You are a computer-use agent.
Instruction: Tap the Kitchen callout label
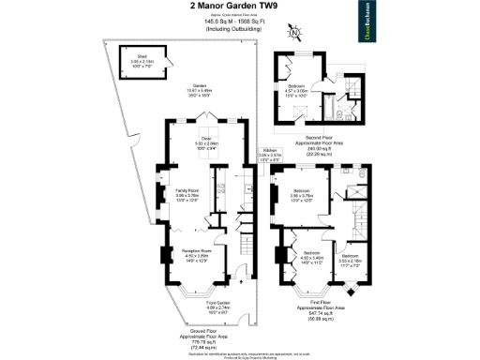point(269,153)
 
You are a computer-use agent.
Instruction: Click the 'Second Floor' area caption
point(328,140)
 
